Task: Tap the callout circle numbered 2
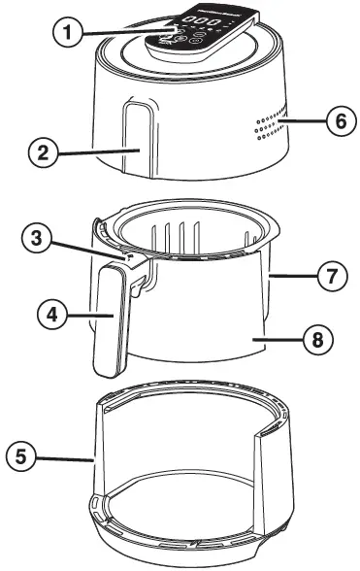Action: point(40,151)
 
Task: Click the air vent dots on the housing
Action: point(270,124)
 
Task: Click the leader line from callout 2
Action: point(97,151)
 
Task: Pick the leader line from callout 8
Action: point(280,341)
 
